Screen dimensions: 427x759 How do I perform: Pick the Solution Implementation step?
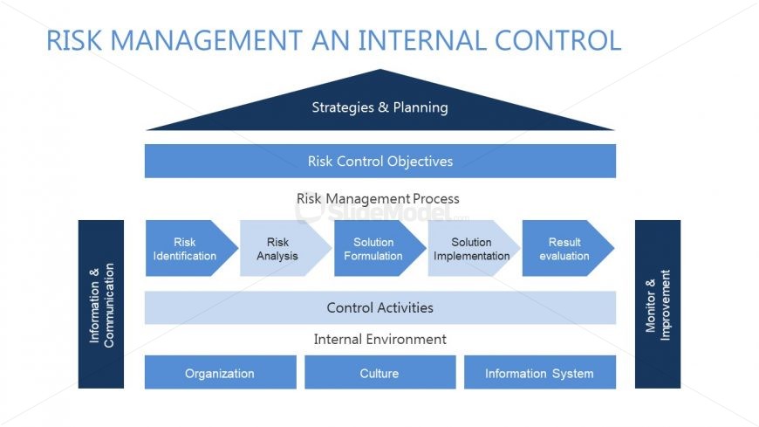471,249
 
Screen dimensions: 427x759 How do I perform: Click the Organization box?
220,373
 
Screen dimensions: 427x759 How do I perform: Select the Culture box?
379,373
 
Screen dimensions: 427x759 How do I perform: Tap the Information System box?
539,373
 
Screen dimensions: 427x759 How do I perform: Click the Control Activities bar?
379,307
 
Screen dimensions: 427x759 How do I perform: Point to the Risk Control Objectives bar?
379,162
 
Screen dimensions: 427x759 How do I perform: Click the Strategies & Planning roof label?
379,108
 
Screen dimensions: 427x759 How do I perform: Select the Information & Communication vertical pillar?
101,304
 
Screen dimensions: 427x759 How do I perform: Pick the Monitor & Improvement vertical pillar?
658,304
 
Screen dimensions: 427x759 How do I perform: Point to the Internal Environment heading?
379,340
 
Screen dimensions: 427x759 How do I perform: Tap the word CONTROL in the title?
557,41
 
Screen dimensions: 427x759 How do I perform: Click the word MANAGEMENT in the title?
203,41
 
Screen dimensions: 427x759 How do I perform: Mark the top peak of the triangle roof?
380,71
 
